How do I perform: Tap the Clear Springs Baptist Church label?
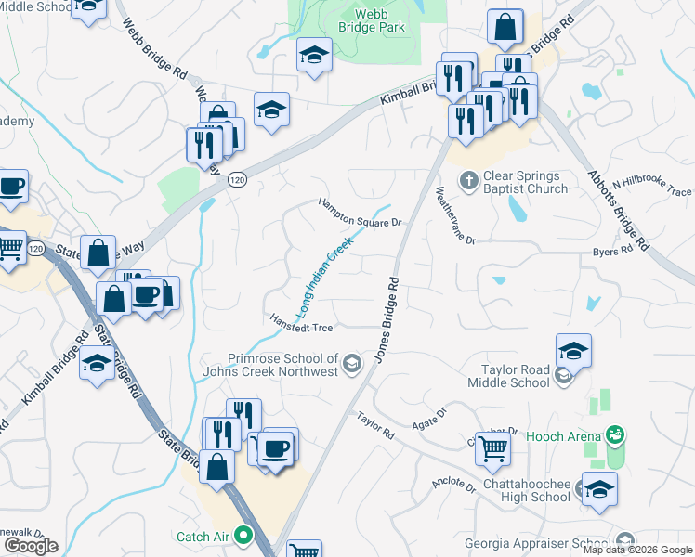pyautogui.click(x=526, y=182)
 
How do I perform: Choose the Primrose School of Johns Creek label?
pyautogui.click(x=284, y=365)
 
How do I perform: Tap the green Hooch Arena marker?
pyautogui.click(x=613, y=434)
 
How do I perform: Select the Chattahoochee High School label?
pyautogui.click(x=527, y=490)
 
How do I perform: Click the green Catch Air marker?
pyautogui.click(x=243, y=535)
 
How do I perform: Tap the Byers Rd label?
pyautogui.click(x=612, y=251)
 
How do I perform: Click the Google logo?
pyautogui.click(x=31, y=545)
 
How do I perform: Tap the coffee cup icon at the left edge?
pyautogui.click(x=11, y=187)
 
